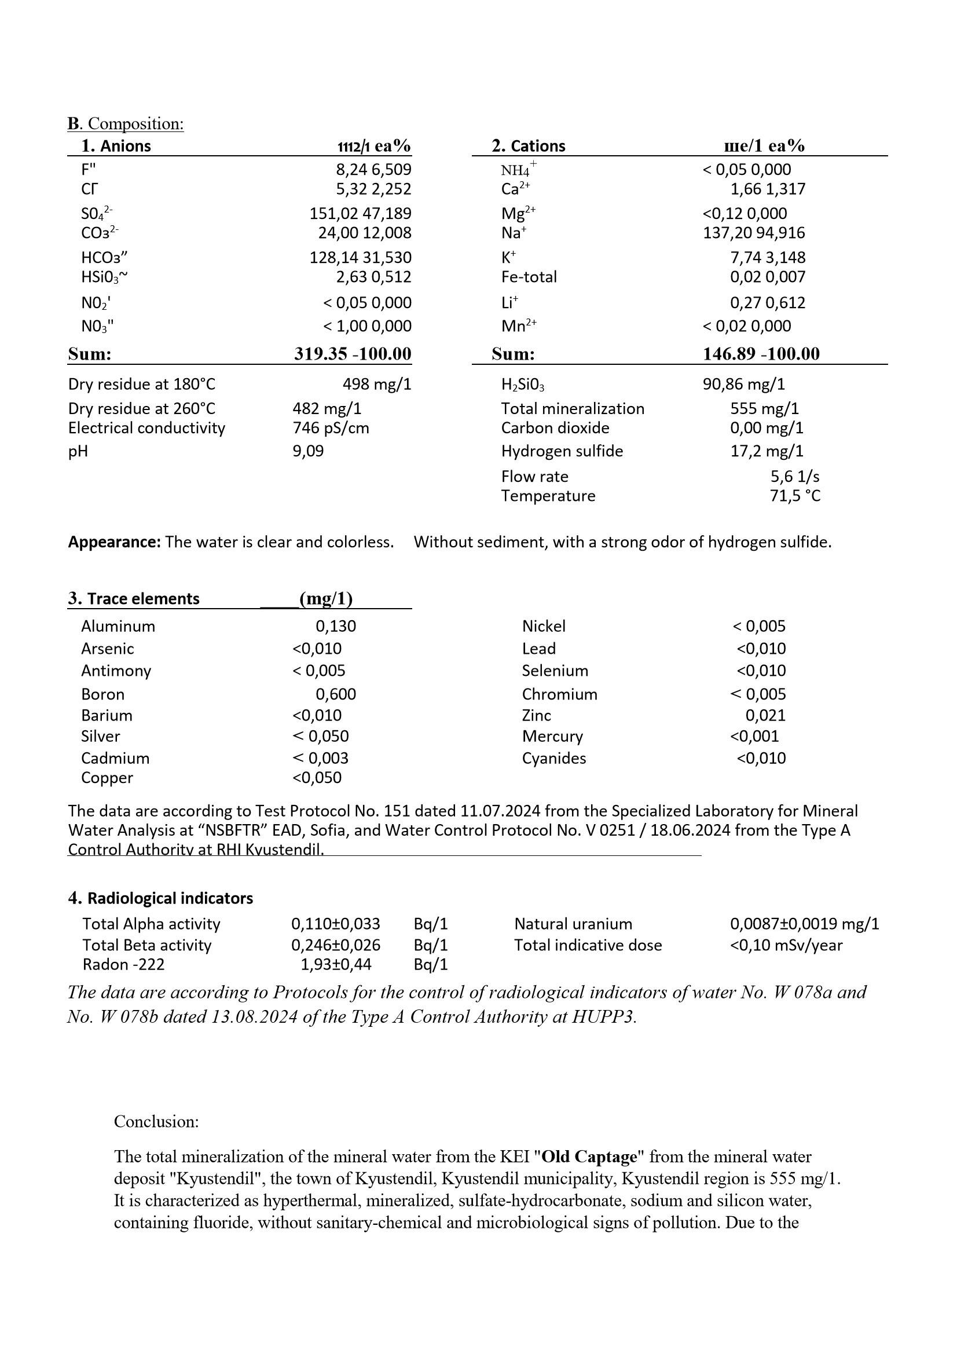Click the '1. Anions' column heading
pyautogui.click(x=116, y=146)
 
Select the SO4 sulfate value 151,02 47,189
pyautogui.click(x=360, y=213)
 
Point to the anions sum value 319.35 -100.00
pyautogui.click(x=353, y=354)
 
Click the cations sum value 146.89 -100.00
pyautogui.click(x=761, y=354)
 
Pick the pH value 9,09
pyautogui.click(x=309, y=451)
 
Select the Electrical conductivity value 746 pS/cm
pyautogui.click(x=331, y=427)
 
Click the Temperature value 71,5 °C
pyautogui.click(x=795, y=495)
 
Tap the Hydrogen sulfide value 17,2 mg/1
pyautogui.click(x=767, y=451)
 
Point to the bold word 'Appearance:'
pyautogui.click(x=115, y=542)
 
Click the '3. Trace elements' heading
pyautogui.click(x=134, y=599)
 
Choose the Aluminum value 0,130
pyautogui.click(x=336, y=626)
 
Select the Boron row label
pyautogui.click(x=103, y=694)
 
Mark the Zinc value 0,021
pyautogui.click(x=765, y=715)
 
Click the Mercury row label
pyautogui.click(x=552, y=736)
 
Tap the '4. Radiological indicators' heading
pyautogui.click(x=160, y=898)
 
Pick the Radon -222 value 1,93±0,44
pyautogui.click(x=336, y=964)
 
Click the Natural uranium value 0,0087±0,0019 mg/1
pyautogui.click(x=804, y=924)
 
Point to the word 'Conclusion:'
pyautogui.click(x=156, y=1121)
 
